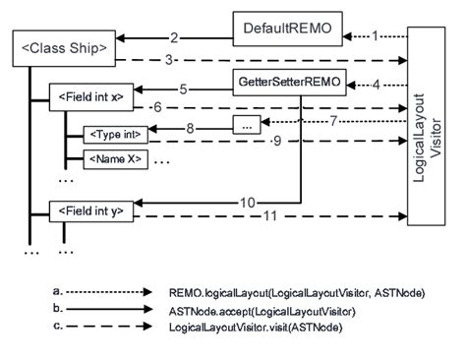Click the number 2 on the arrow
point(173,38)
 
